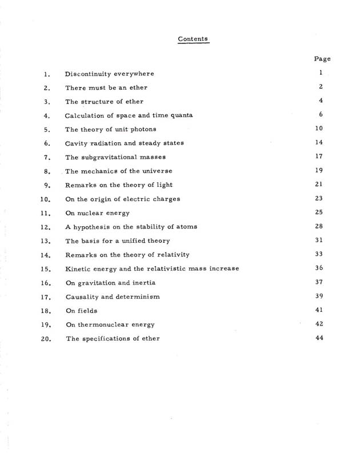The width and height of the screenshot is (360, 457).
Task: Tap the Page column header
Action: tap(322, 59)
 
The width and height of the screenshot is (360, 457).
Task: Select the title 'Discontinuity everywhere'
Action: tap(109, 74)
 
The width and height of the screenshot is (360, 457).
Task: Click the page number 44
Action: tap(319, 338)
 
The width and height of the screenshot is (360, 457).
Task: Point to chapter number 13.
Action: tap(47, 240)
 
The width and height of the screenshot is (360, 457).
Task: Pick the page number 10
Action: tap(319, 128)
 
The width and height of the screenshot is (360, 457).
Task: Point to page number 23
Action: tap(319, 198)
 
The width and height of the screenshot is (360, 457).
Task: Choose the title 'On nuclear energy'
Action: tap(97, 213)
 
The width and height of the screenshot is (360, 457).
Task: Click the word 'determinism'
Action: tap(137, 296)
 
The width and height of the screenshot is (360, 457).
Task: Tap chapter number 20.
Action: tap(47, 338)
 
